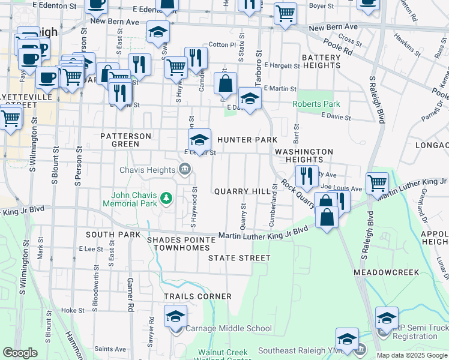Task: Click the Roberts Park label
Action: [x=316, y=104]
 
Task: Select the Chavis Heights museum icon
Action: [x=184, y=170]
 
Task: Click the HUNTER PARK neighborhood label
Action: [x=247, y=140]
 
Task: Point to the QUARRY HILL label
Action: [x=243, y=191]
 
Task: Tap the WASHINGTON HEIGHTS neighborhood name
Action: [x=304, y=155]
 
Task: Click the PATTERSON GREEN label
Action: [x=126, y=140]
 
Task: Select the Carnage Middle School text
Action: [x=228, y=328]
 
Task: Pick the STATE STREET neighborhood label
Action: [x=239, y=258]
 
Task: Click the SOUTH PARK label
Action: [x=108, y=234]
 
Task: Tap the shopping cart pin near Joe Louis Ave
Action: [x=377, y=182]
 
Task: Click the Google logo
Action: [x=20, y=353]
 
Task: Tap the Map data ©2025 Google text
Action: [x=411, y=355]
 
